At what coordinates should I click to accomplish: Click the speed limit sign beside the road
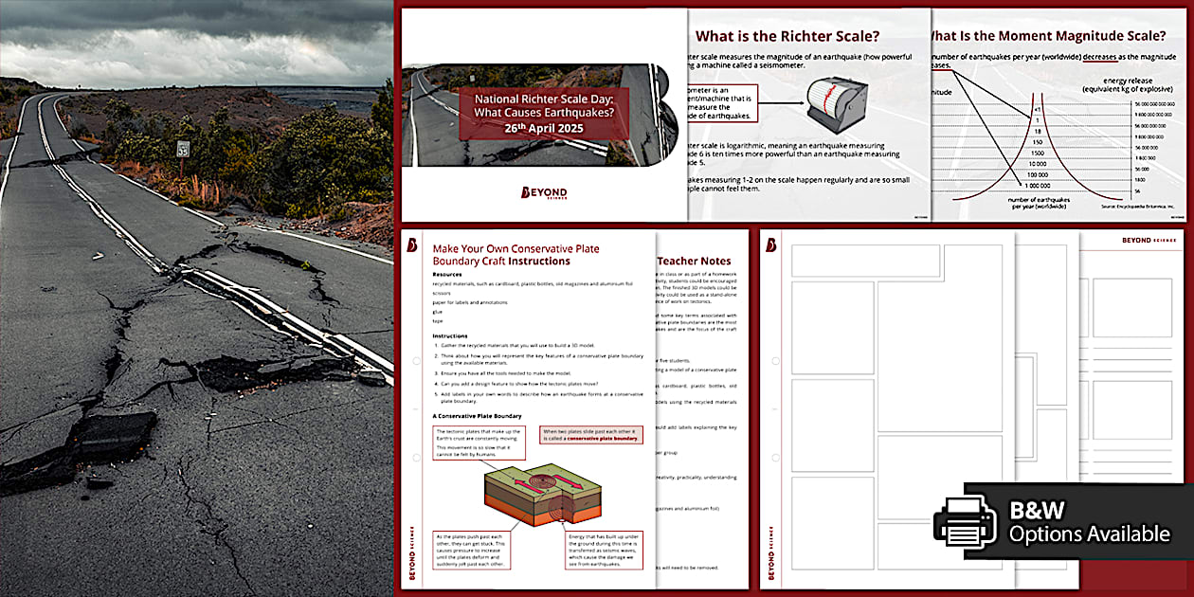183,149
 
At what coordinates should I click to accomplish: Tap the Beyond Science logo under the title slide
544,193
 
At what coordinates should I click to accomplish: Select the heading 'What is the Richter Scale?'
787,37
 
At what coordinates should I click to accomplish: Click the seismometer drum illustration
833,100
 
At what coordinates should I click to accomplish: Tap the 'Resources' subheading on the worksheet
447,275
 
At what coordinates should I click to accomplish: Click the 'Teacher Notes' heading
695,261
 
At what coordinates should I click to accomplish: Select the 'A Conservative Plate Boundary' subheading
477,415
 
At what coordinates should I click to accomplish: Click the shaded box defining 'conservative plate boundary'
590,435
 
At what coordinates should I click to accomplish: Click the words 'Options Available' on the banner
1089,534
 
